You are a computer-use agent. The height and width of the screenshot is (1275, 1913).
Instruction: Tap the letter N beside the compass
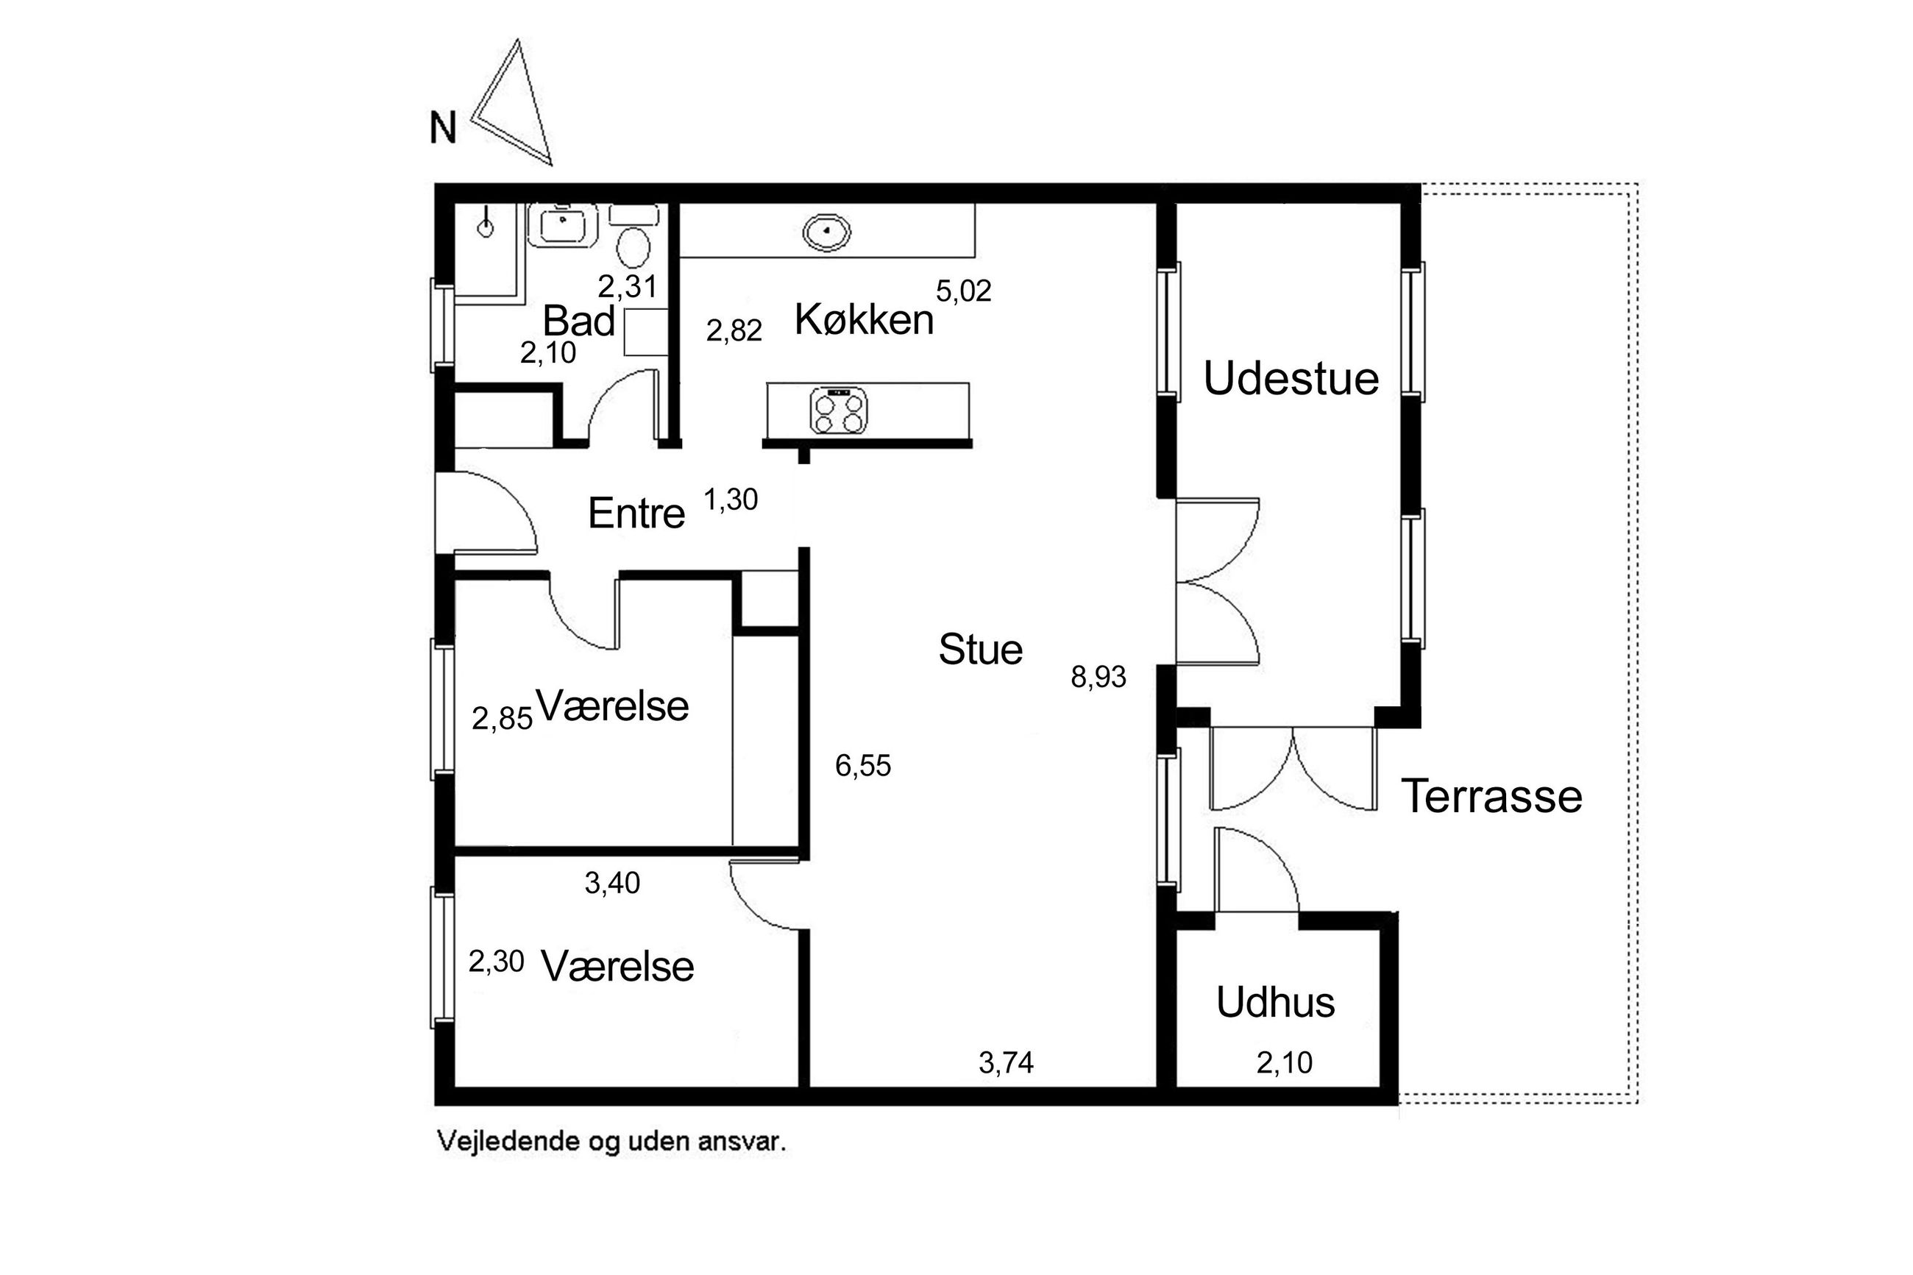click(442, 129)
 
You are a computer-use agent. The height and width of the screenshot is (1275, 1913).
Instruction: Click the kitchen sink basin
click(826, 232)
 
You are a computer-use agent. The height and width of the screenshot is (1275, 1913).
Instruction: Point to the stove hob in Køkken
click(838, 410)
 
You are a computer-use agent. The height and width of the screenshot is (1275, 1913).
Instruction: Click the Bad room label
click(578, 320)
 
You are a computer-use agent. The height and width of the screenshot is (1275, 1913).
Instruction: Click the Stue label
click(981, 649)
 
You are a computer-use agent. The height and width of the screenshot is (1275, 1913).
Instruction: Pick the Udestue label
click(1291, 378)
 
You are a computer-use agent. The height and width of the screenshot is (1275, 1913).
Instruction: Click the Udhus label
click(1276, 1002)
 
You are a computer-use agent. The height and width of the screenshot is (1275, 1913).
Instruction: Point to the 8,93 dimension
click(1099, 677)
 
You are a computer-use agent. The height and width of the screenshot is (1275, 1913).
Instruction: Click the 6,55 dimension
click(862, 766)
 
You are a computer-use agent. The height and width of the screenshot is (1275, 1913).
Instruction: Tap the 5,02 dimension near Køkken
click(963, 291)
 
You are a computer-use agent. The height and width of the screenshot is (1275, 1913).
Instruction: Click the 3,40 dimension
click(612, 883)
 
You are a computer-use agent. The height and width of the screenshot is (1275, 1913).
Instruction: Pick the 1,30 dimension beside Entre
click(730, 500)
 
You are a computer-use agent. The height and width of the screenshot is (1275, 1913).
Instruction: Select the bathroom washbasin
click(562, 225)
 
